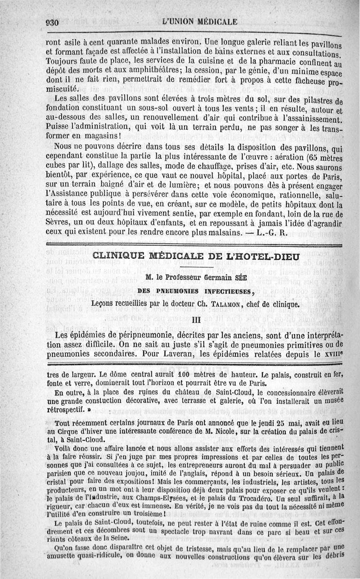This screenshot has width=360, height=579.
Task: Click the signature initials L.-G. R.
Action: point(272,233)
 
